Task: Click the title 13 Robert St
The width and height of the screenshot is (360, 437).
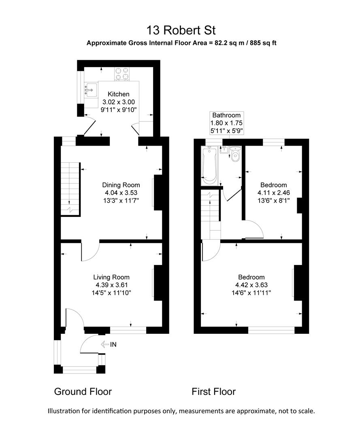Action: [x=181, y=30]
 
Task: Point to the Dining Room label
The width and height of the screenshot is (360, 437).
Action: [x=121, y=185]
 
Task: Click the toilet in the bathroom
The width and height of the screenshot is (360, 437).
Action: [x=235, y=154]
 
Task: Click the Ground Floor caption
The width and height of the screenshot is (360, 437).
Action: [x=83, y=392]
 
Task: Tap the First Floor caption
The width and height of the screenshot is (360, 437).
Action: [x=213, y=392]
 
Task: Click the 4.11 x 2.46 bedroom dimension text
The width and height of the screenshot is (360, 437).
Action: [x=274, y=193]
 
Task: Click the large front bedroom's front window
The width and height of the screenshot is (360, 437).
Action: [x=271, y=330]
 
